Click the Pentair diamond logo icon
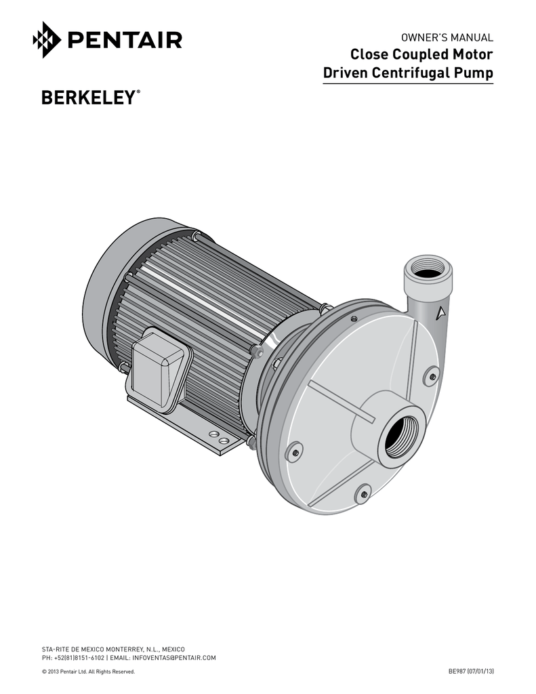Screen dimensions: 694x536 (x=47, y=40)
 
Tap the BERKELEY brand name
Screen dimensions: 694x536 (x=87, y=99)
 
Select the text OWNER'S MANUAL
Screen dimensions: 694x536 (x=449, y=37)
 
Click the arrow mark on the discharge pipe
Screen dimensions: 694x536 (x=440, y=313)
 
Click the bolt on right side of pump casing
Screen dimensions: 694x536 (x=432, y=376)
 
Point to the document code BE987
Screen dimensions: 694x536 (x=459, y=671)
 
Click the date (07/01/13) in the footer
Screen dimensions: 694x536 (x=482, y=671)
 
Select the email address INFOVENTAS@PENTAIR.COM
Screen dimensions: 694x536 (x=174, y=658)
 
